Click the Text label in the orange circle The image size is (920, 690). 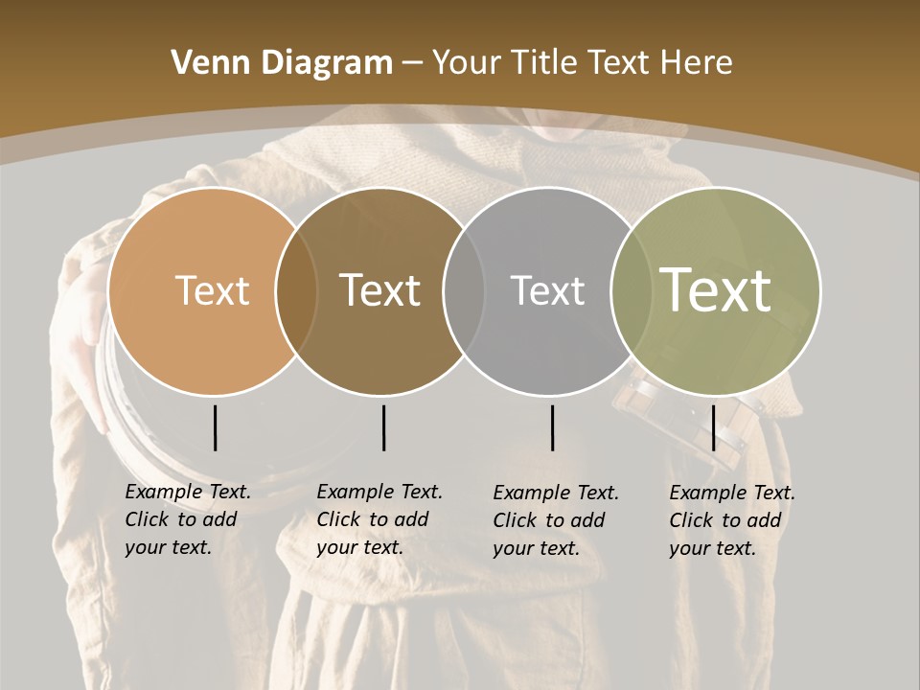point(212,290)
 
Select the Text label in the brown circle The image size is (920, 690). point(380,290)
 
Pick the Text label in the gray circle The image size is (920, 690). point(547,290)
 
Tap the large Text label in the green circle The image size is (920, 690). point(716,289)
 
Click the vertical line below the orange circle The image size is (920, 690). point(215,427)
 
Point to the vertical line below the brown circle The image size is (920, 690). point(383,427)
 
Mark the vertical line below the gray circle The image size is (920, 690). point(552,427)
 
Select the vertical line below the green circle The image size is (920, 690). point(713,427)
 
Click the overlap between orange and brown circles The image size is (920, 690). point(296,290)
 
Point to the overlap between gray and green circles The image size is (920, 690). point(628,290)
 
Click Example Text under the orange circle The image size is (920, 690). point(188,492)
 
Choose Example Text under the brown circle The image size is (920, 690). point(379,492)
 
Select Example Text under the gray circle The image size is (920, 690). point(556,493)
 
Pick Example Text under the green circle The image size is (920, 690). point(732,493)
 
